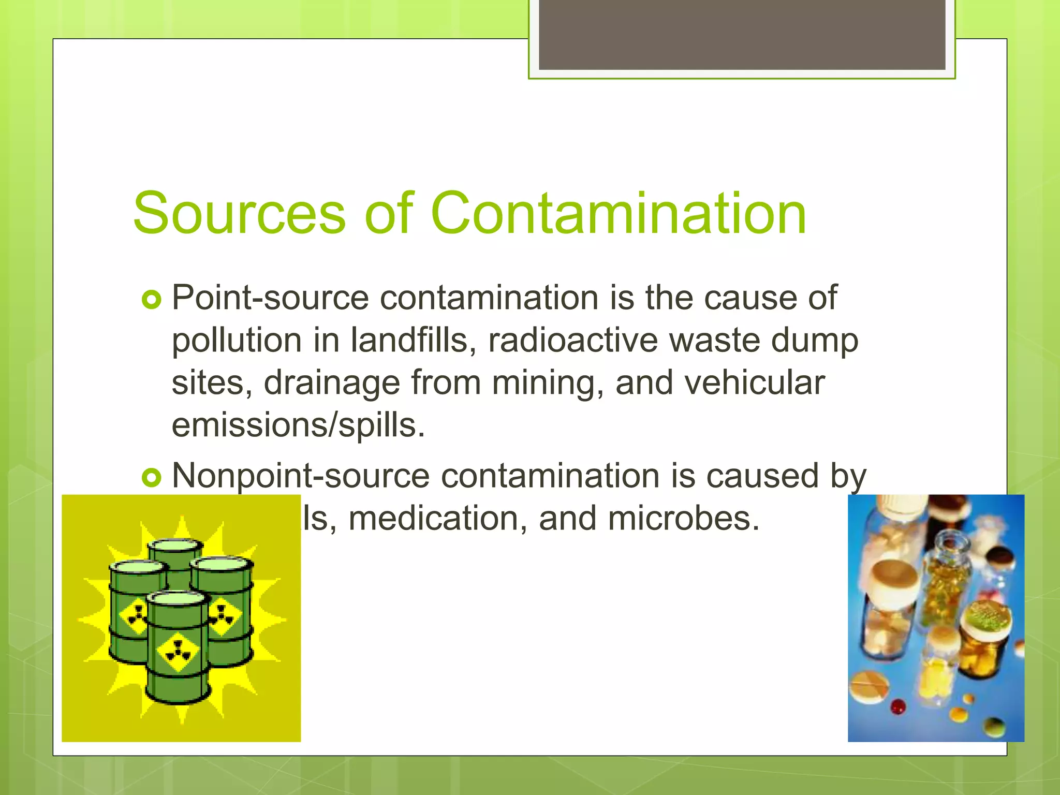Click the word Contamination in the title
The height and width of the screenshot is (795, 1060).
tap(618, 213)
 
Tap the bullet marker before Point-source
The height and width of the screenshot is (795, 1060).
tap(152, 300)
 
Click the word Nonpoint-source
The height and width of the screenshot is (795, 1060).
tap(300, 476)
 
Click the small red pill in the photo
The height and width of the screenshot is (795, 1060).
tap(899, 706)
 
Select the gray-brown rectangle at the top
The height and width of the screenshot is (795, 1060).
tap(742, 34)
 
